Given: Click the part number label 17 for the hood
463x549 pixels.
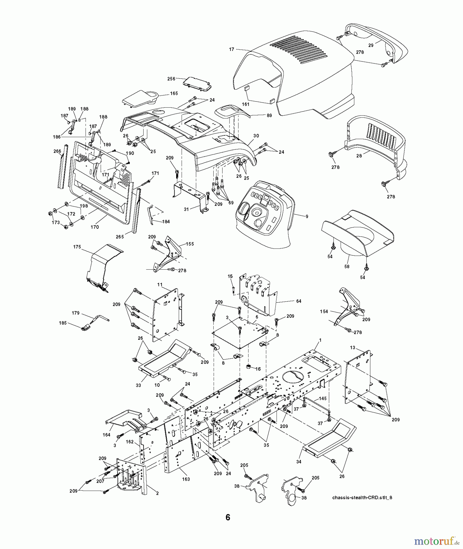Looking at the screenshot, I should (232, 49).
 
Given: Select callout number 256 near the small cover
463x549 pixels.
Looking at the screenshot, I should (171, 79).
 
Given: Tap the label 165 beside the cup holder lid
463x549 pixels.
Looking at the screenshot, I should (174, 93).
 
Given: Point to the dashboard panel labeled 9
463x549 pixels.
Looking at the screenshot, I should (307, 217).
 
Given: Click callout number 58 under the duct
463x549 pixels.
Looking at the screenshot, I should (347, 266).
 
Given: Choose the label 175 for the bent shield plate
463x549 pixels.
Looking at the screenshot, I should (77, 247).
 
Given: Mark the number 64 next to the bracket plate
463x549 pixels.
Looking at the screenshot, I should (298, 301).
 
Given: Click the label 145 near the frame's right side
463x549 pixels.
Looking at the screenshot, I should (323, 399).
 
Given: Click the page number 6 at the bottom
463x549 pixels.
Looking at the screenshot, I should (228, 517).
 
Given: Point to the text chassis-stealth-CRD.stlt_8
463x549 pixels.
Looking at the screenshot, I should (362, 497).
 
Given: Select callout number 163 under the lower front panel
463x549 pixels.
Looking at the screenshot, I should (186, 479).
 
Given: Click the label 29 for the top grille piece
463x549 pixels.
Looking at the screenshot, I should (371, 45).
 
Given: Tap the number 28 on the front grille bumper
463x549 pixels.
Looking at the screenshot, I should (359, 156).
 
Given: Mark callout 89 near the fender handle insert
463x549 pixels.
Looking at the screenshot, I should (260, 116).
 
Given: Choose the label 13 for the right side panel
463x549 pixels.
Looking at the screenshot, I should (352, 348).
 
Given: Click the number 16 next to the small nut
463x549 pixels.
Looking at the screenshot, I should (258, 369).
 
